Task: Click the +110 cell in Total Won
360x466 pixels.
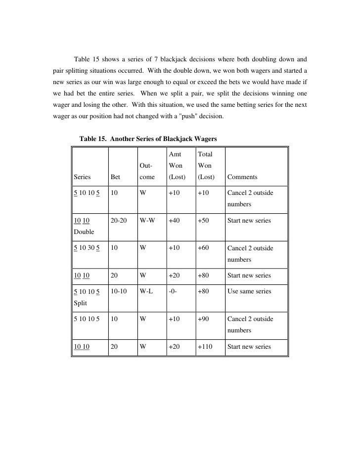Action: tap(205, 347)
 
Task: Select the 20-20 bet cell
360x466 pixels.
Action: tap(120, 221)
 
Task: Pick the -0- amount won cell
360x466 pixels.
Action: tap(174, 291)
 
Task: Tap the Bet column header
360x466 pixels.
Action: tap(116, 177)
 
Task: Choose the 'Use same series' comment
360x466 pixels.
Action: tap(249, 291)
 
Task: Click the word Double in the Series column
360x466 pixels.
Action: tap(83, 231)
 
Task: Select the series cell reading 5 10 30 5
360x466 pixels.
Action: tap(87, 248)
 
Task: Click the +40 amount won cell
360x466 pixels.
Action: tap(174, 221)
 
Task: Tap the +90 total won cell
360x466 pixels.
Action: tap(203, 319)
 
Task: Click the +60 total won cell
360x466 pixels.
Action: tap(203, 248)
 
